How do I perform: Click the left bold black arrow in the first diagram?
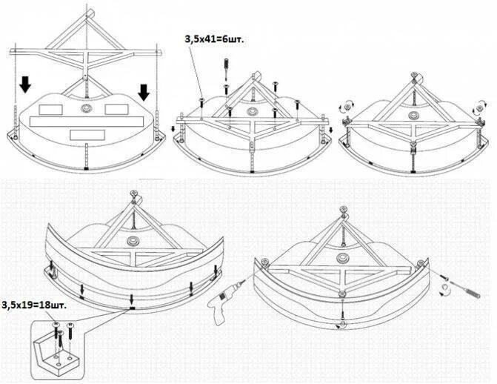coord(25,87)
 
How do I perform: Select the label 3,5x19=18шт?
coord(33,305)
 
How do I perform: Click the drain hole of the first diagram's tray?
coord(87,109)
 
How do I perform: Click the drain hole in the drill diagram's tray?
coord(344,257)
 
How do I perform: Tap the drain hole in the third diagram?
coord(413,117)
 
